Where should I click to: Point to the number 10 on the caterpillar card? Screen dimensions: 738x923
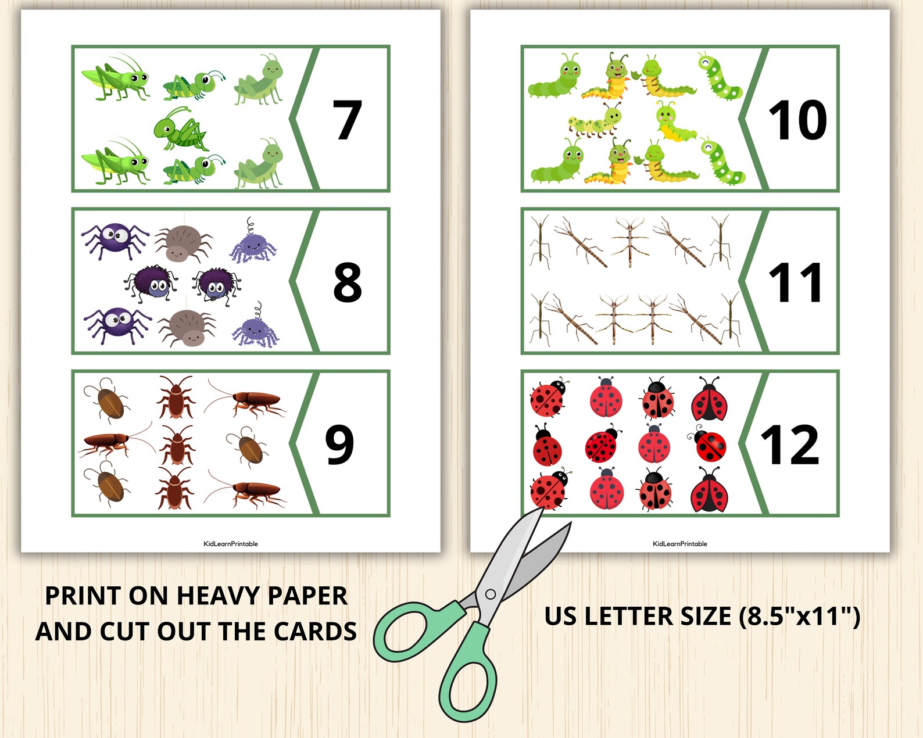[797, 120]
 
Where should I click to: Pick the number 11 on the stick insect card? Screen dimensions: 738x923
[795, 283]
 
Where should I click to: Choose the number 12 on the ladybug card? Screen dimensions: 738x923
[790, 445]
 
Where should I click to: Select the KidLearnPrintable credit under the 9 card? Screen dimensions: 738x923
[231, 544]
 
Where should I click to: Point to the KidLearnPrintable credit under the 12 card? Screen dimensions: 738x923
[680, 544]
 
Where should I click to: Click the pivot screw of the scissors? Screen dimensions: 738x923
[491, 594]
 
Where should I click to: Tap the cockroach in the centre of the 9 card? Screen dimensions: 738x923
[176, 445]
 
